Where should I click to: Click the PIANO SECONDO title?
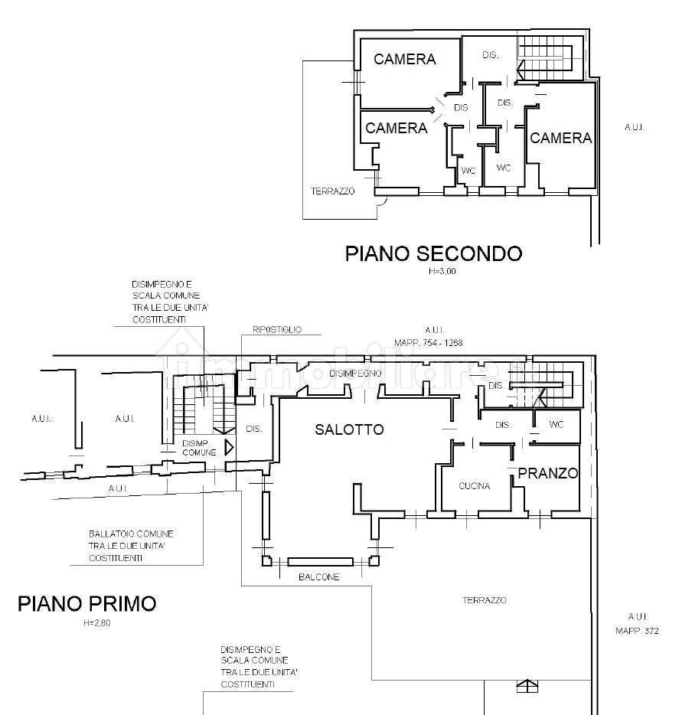point(433,253)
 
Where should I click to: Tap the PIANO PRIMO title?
point(86,603)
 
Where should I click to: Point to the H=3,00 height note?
point(442,271)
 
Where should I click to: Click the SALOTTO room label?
point(349,429)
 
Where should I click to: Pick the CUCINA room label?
point(474,486)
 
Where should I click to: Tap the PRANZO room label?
point(547,473)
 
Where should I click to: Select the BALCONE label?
point(318,576)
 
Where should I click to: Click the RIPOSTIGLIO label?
point(276,330)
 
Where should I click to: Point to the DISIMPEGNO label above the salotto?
point(355,373)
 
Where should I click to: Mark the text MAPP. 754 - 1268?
point(428,343)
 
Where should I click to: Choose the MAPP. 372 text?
point(637,631)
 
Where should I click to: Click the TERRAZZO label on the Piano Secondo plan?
point(332,191)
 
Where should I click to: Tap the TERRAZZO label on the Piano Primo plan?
point(484,600)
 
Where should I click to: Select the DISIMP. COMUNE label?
point(199,448)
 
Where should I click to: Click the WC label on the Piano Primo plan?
point(557,424)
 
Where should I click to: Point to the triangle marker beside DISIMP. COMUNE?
point(228,446)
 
